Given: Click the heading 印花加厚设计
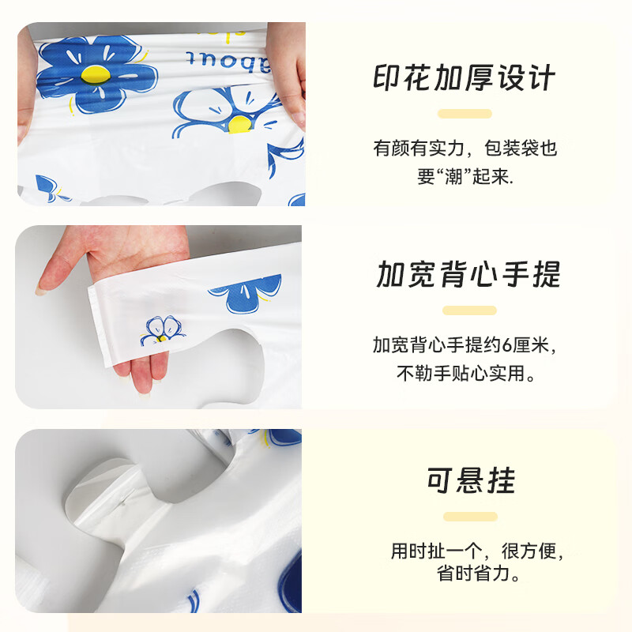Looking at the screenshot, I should (x=465, y=79).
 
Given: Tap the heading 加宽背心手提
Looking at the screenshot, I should (x=468, y=275).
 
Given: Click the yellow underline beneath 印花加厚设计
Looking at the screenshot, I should (x=465, y=114).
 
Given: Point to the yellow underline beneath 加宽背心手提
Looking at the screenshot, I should (x=469, y=310).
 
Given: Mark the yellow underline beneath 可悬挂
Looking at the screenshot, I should (x=471, y=517).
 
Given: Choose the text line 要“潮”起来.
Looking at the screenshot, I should (x=465, y=177).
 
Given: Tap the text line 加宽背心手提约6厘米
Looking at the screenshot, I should (x=469, y=345).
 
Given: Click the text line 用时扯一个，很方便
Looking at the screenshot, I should (x=478, y=551).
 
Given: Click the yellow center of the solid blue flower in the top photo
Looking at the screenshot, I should (x=93, y=76).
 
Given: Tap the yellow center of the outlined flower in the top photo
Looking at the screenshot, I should (x=239, y=122).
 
